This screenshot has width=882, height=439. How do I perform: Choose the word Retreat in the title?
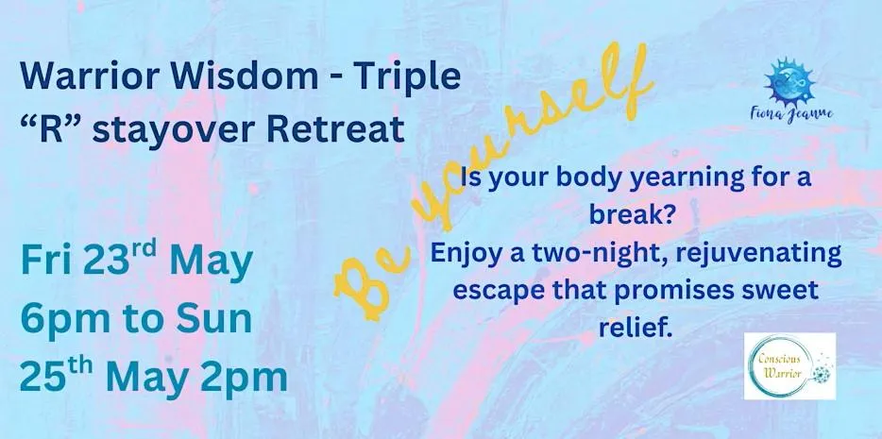(336, 128)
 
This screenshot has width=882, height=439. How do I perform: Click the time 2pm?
(245, 378)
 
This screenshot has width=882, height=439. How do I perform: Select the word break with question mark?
(631, 214)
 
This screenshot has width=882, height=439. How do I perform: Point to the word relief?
(636, 328)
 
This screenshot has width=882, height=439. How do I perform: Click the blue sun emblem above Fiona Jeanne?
(789, 81)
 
